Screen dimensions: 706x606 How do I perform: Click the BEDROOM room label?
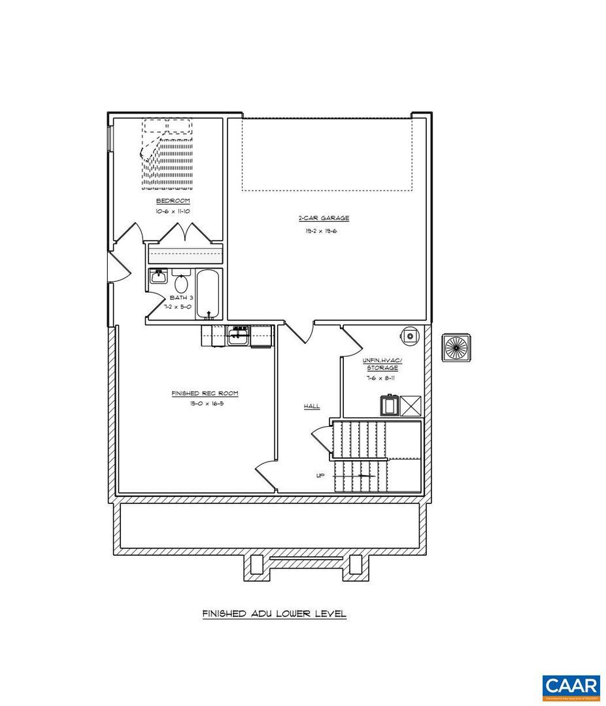pos(173,201)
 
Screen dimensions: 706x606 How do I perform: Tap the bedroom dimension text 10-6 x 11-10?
pos(173,211)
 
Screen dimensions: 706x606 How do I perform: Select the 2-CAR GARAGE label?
pos(324,218)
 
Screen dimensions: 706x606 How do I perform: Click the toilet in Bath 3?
pos(182,284)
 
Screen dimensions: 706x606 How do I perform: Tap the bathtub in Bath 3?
pos(209,294)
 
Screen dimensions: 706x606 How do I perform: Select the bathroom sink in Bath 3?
pos(158,277)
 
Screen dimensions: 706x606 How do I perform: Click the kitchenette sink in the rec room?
pos(238,336)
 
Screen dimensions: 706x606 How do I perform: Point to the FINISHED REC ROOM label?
pos(205,394)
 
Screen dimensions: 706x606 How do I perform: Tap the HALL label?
pos(312,407)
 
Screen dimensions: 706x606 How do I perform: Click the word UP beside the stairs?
pos(320,475)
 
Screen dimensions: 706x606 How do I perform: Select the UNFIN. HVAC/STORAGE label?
pos(382,364)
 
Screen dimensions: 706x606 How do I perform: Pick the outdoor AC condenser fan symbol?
pos(456,346)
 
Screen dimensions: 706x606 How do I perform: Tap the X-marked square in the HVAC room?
pos(411,406)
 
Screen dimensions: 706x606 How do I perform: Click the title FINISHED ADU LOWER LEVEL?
pos(274,614)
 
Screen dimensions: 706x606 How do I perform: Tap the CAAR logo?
pos(571,687)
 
